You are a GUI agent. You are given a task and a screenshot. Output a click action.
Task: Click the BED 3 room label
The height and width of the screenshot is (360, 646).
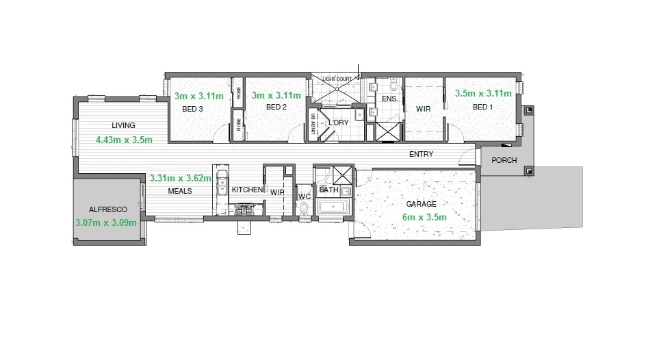click(x=192, y=109)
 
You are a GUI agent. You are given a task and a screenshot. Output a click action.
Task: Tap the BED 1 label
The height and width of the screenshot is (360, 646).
click(x=482, y=107)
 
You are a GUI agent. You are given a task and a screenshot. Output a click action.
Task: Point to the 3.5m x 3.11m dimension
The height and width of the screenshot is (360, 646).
click(x=483, y=93)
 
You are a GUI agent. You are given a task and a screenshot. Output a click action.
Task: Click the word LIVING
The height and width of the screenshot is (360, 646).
click(x=124, y=125)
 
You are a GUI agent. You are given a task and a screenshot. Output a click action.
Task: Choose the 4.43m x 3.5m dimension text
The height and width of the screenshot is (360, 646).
click(x=124, y=140)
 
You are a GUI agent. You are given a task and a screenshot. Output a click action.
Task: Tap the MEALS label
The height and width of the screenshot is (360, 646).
click(x=180, y=191)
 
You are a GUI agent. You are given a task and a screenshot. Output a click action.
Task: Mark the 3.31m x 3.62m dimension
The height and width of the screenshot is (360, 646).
click(x=181, y=178)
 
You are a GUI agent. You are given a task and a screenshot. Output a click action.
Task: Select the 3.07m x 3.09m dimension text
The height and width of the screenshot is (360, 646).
click(x=105, y=222)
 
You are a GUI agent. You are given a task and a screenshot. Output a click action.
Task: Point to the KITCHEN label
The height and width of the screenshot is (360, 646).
click(x=247, y=190)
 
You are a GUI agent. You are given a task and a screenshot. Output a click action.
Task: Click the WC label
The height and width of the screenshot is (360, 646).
click(x=305, y=197)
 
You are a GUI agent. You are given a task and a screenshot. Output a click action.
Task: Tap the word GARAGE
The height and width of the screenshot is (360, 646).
click(x=421, y=204)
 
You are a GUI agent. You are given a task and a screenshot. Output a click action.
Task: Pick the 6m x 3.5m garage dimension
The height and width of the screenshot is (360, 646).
click(x=424, y=217)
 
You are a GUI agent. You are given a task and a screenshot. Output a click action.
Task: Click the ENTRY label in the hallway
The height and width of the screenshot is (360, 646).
click(x=421, y=154)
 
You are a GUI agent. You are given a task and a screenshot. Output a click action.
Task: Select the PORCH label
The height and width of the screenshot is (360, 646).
click(x=504, y=161)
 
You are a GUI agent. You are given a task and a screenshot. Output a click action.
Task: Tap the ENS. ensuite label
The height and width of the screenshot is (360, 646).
click(x=390, y=99)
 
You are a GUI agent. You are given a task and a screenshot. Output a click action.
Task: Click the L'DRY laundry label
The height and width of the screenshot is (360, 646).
click(x=339, y=123)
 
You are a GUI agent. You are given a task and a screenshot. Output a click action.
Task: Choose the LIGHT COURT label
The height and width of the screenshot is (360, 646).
click(x=338, y=79)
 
